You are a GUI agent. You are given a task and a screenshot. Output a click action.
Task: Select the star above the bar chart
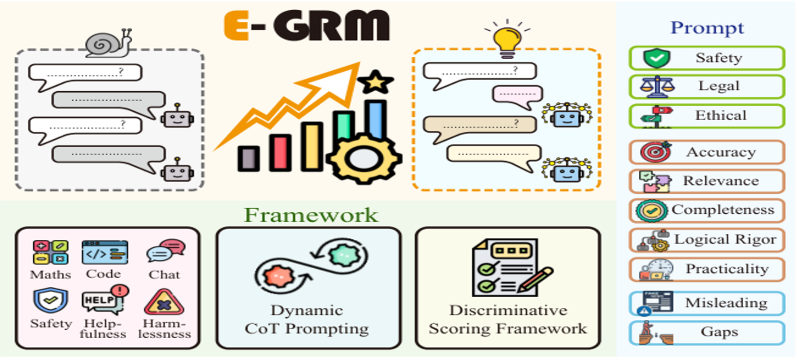point(375,82)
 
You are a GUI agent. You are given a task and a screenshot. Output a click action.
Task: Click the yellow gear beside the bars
point(364,158)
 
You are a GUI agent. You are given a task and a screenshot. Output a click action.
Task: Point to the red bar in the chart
point(280,152)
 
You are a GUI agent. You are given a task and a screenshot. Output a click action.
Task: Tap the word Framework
point(311,215)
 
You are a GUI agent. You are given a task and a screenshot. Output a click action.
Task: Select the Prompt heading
point(707,28)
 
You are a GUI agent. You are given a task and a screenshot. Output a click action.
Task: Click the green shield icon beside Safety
point(657,58)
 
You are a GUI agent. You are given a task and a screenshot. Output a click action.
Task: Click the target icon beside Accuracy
point(656,152)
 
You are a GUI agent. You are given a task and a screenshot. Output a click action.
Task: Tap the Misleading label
point(726,303)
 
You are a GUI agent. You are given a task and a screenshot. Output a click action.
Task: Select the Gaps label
point(719,332)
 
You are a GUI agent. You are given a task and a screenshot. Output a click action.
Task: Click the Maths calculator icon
point(50,252)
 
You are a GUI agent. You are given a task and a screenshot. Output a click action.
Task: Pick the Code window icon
point(105,252)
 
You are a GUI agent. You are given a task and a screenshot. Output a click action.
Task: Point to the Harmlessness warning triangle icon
point(164,302)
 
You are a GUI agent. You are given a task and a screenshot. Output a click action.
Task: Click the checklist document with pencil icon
point(511,267)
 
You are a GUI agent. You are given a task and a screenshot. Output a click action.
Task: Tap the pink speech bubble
point(518,96)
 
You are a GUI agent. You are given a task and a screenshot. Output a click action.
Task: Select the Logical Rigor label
point(725,239)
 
